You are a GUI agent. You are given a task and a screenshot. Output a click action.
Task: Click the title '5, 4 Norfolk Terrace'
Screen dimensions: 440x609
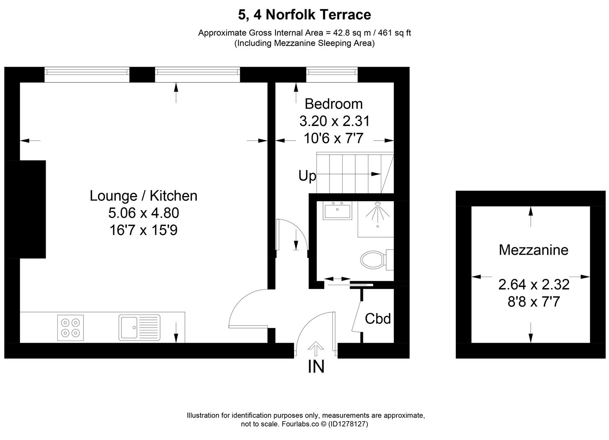click(x=304, y=15)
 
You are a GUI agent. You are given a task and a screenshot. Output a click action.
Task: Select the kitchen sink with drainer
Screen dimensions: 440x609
click(x=139, y=327)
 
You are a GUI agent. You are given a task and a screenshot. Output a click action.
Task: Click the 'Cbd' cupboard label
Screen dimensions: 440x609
click(x=378, y=318)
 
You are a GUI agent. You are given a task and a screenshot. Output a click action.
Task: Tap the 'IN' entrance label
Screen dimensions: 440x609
click(x=316, y=367)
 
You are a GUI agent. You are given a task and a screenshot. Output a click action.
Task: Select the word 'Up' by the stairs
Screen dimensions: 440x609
click(x=307, y=176)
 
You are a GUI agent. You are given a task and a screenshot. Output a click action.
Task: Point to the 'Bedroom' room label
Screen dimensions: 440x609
click(x=334, y=104)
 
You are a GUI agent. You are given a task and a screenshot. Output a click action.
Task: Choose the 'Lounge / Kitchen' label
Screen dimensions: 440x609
click(x=143, y=196)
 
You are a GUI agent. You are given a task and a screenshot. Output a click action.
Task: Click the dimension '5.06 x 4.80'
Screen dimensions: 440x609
click(x=143, y=213)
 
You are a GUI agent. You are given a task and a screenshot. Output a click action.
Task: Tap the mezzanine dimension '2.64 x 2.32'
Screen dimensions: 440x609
click(x=533, y=284)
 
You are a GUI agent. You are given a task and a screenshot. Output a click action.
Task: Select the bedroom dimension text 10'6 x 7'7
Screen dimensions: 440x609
click(x=334, y=139)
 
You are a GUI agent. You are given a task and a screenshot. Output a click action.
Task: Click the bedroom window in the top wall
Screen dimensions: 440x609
click(x=332, y=72)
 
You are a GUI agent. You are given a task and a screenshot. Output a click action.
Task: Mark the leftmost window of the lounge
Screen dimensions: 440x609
click(x=87, y=72)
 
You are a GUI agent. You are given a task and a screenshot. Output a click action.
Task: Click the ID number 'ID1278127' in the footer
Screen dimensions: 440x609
click(x=349, y=424)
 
